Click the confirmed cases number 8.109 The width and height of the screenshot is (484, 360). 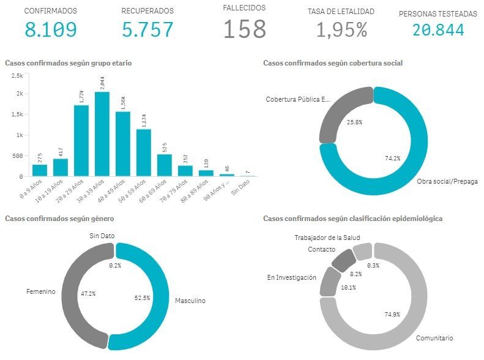(x=50, y=29)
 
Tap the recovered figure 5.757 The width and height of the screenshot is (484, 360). (x=147, y=29)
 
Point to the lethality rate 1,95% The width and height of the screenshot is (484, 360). (x=341, y=29)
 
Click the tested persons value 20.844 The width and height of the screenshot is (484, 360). (x=437, y=29)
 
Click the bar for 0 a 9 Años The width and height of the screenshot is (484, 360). (x=40, y=170)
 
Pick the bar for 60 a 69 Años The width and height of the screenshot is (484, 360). (x=164, y=165)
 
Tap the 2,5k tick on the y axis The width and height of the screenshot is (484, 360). (x=17, y=75)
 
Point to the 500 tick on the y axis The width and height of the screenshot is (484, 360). (x=17, y=156)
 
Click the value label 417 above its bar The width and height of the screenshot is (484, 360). (x=60, y=151)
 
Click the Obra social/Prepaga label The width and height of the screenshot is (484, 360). (x=447, y=182)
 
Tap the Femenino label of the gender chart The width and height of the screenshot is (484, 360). (x=42, y=291)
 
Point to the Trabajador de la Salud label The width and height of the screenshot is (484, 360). (x=327, y=238)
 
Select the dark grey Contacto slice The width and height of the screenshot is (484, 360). (x=340, y=260)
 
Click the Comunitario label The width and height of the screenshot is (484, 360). (x=434, y=337)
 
